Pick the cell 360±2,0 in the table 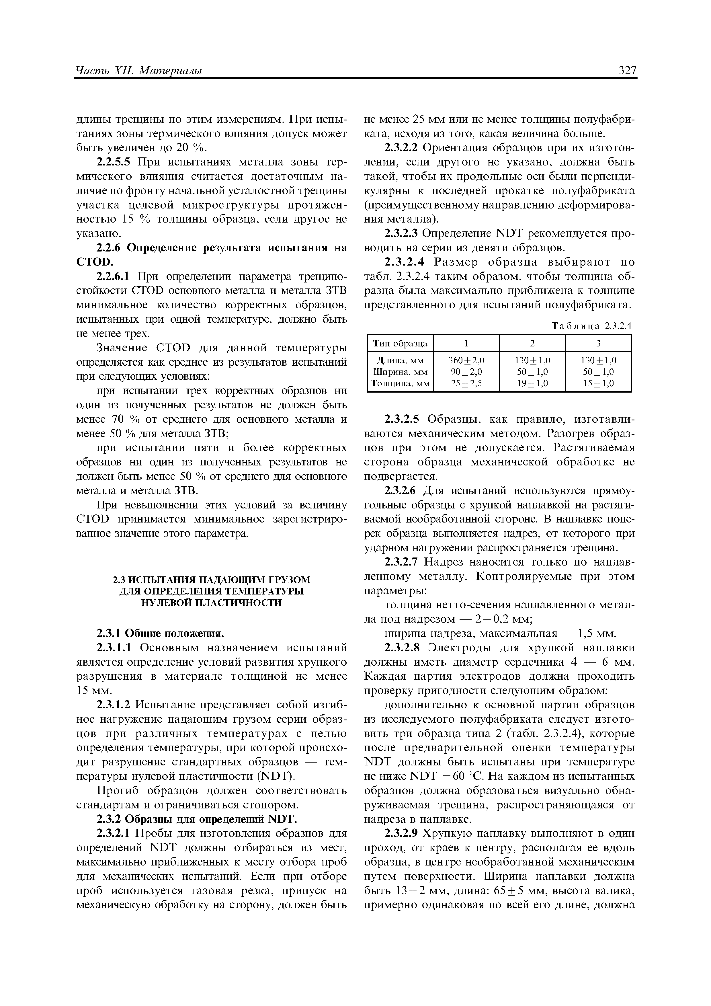(x=466, y=360)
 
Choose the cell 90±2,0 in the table (x=466, y=372)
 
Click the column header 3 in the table (x=598, y=343)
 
